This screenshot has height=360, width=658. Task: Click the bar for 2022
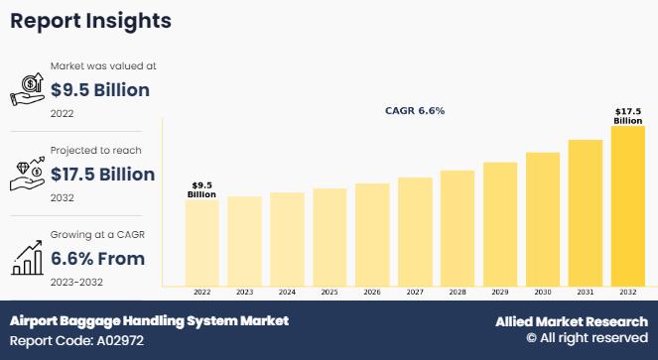(x=201, y=243)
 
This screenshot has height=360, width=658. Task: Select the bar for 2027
(x=415, y=232)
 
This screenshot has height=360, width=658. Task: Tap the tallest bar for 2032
(x=628, y=206)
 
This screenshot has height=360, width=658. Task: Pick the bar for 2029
(x=500, y=224)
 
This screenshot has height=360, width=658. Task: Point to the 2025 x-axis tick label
(x=329, y=292)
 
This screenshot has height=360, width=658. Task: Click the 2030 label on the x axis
(x=543, y=292)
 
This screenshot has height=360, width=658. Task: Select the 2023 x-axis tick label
(x=244, y=292)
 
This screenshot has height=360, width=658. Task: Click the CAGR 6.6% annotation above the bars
(x=415, y=111)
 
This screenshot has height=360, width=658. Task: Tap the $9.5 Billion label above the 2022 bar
(x=201, y=189)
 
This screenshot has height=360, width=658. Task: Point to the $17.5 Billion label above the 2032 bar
(x=628, y=116)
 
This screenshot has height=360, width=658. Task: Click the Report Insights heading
(x=90, y=21)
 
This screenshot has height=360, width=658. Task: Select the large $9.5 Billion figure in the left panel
(x=100, y=90)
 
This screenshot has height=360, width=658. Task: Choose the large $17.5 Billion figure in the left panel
(x=103, y=175)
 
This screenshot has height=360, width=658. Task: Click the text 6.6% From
(x=98, y=259)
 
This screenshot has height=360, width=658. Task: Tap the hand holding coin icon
(x=27, y=89)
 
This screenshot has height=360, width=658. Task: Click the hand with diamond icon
(x=27, y=174)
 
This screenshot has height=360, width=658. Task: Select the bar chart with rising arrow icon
(x=27, y=258)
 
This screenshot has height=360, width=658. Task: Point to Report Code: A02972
(x=76, y=340)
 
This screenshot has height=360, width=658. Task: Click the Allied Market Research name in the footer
(x=572, y=321)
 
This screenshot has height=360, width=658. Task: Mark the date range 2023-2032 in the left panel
(x=76, y=282)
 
